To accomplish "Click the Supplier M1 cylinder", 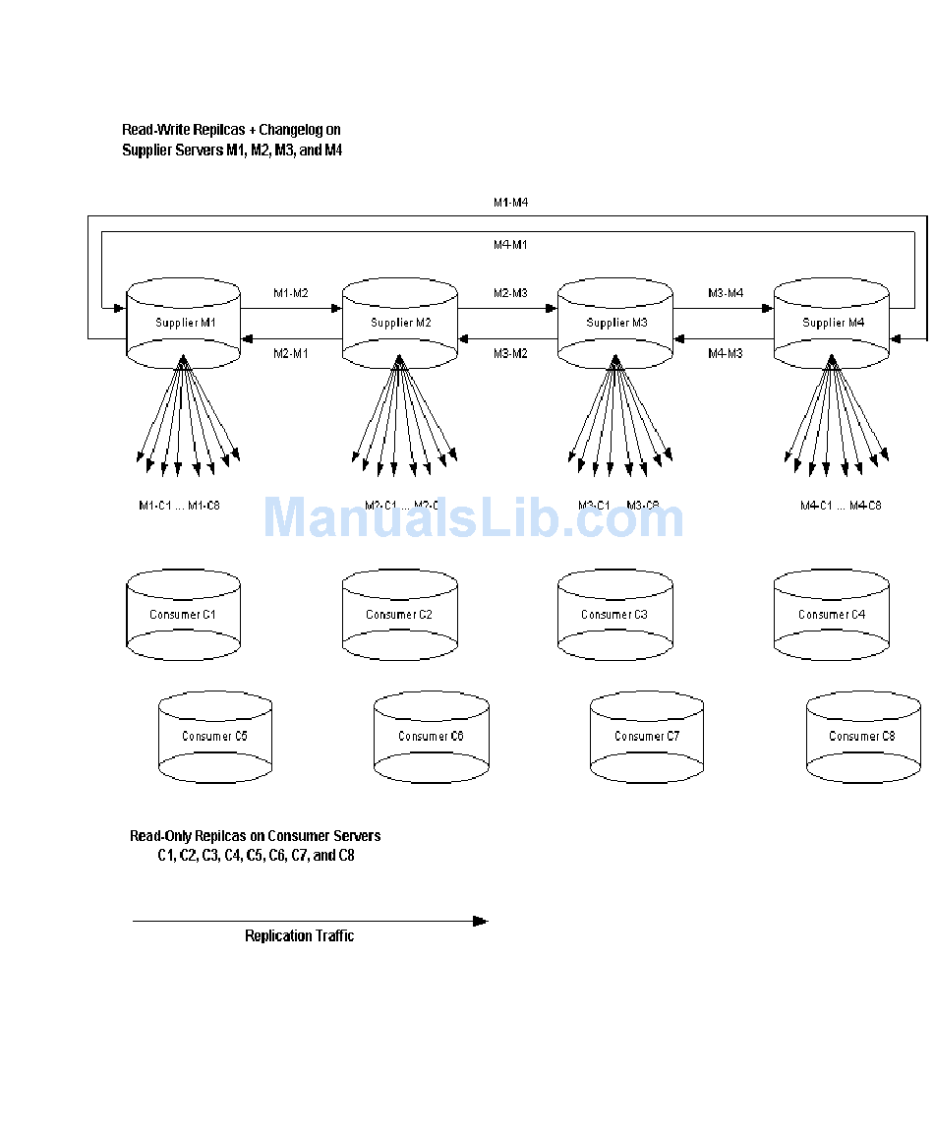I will (184, 323).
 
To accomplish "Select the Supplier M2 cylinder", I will (399, 323).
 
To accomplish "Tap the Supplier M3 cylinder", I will (615, 323).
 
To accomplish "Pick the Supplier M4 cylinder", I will (831, 323).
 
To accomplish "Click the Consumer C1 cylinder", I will (183, 615).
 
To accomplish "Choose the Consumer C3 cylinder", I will (614, 615).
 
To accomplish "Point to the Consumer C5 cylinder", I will (214, 736).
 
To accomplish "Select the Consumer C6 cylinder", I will (431, 736).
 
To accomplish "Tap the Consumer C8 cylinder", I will (862, 736).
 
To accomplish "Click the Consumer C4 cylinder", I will (831, 615).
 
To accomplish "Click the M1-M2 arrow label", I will (290, 293).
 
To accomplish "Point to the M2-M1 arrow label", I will (290, 353).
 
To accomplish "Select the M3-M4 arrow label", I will (726, 293).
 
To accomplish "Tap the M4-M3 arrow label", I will (726, 353).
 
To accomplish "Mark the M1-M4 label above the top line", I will (510, 203).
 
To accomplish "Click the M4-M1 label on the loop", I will (510, 244).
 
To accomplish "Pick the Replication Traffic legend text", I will (299, 936).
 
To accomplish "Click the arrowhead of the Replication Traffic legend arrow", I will (481, 922).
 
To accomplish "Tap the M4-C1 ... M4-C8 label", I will (841, 506).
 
